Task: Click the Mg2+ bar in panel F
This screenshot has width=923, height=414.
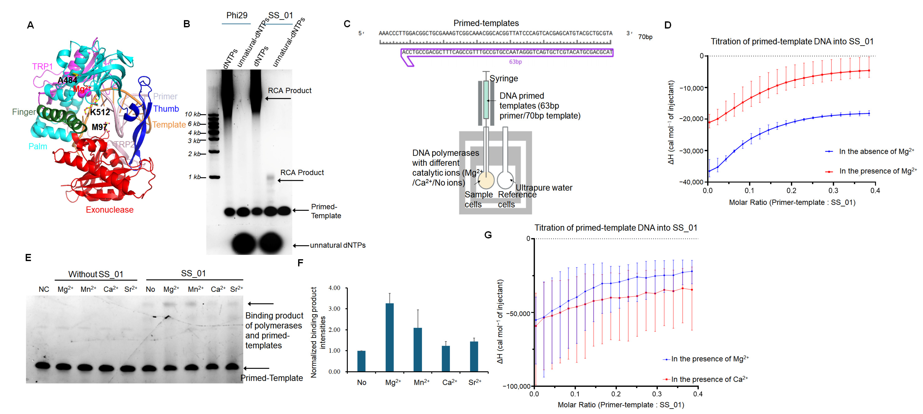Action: pyautogui.click(x=389, y=337)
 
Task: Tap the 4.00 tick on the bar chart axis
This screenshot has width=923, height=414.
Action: pyautogui.click(x=334, y=288)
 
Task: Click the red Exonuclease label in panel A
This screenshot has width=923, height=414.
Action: pyautogui.click(x=110, y=210)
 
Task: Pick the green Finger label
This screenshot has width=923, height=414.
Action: pyautogui.click(x=24, y=112)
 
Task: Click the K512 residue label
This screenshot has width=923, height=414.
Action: pyautogui.click(x=100, y=112)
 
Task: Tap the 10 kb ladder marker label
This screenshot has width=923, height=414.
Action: pyautogui.click(x=193, y=114)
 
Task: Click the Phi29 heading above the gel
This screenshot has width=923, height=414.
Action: pyautogui.click(x=237, y=15)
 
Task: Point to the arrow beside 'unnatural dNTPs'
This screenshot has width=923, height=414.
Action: pyautogui.click(x=301, y=246)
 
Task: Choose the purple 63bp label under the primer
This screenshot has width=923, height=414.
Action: pyautogui.click(x=515, y=62)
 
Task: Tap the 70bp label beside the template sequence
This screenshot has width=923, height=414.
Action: pyautogui.click(x=645, y=37)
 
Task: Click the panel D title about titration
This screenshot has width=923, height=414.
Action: pyautogui.click(x=792, y=42)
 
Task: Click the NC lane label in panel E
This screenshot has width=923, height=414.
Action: pyautogui.click(x=44, y=289)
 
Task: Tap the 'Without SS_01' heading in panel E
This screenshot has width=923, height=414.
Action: pyautogui.click(x=96, y=274)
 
